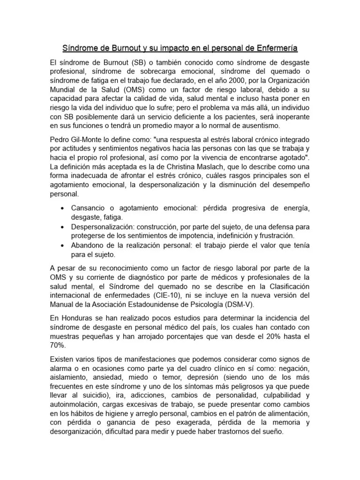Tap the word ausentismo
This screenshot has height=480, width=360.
[262, 125]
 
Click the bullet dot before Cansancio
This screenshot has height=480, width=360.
[62, 208]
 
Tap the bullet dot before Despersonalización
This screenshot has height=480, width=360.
[62, 226]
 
